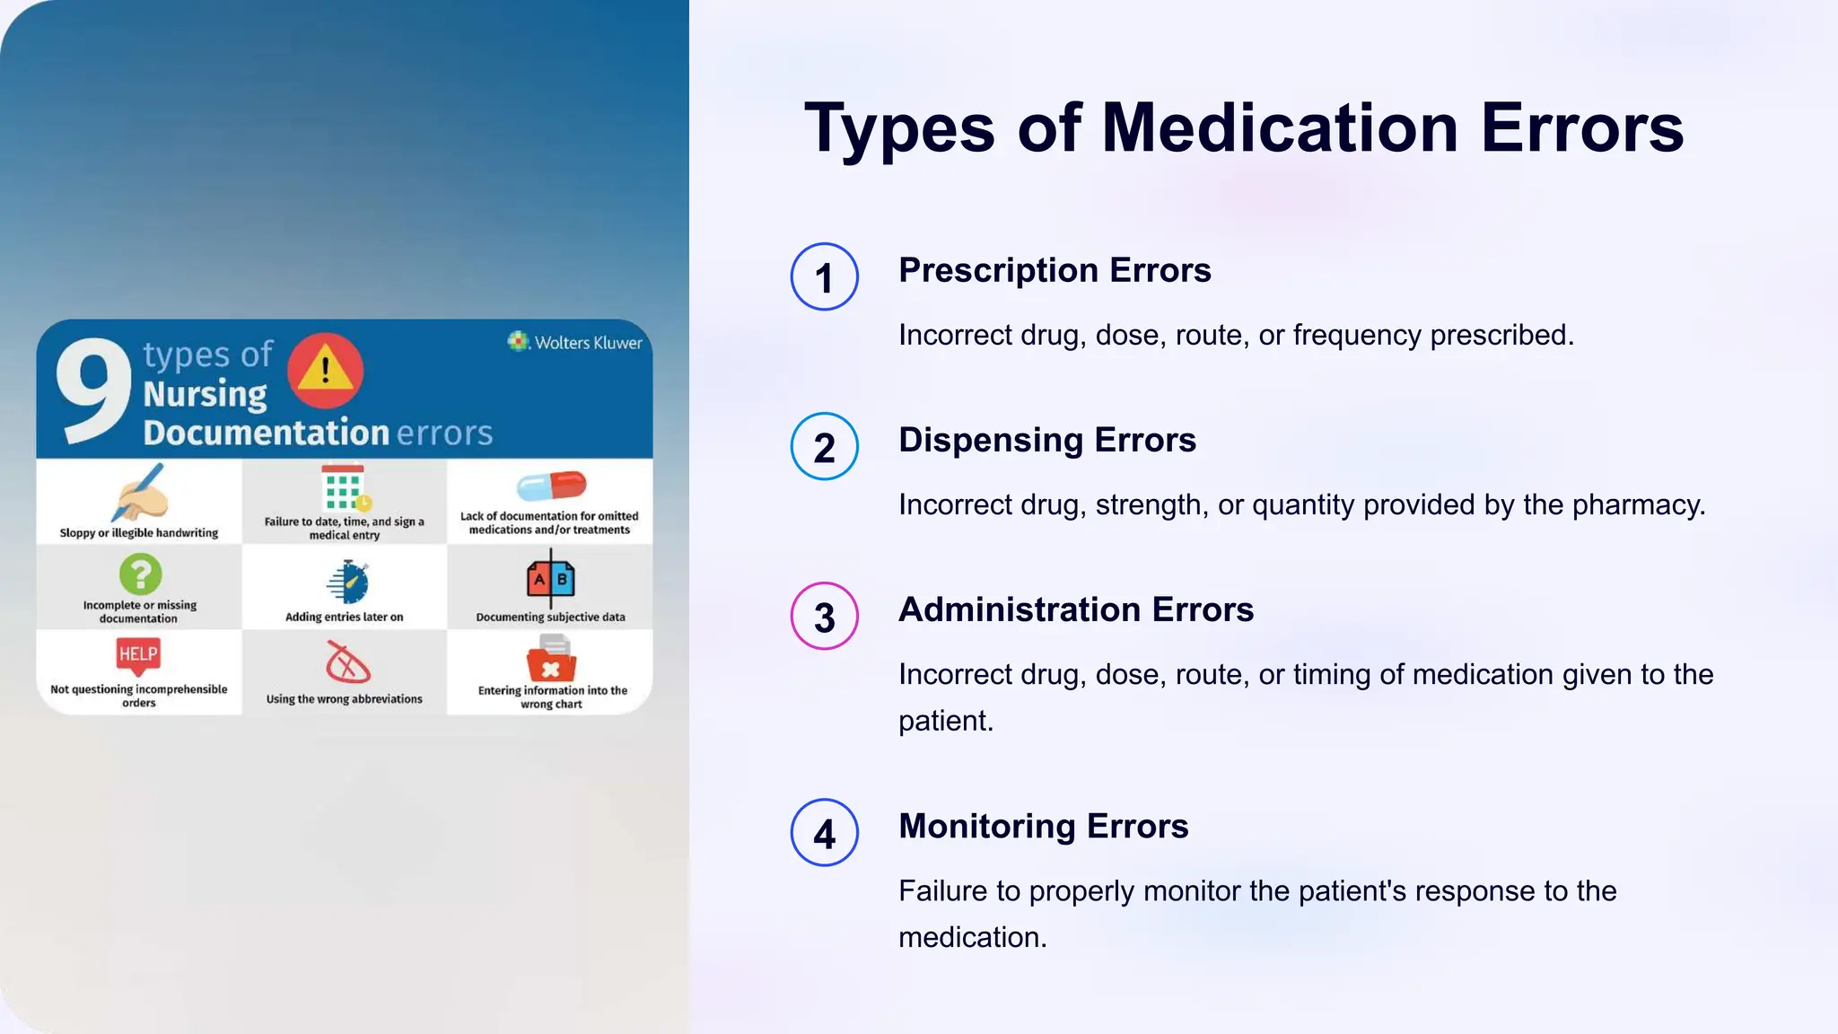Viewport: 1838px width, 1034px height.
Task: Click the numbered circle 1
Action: [x=824, y=277]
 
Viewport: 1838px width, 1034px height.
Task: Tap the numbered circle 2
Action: [x=824, y=447]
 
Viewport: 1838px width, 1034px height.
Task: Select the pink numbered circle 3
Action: [x=824, y=617]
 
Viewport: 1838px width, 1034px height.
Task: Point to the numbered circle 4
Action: [x=824, y=833]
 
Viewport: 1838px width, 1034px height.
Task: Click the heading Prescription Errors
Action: [x=1055, y=270]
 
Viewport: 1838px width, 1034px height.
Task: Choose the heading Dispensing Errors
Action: [x=1047, y=440]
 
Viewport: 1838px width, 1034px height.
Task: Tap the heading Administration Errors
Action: [x=1076, y=609]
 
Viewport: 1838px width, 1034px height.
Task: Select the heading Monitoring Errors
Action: [x=1044, y=826]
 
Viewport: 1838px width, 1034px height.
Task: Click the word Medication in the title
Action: [x=1279, y=128]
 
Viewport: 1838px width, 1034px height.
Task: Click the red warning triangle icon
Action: [x=325, y=370]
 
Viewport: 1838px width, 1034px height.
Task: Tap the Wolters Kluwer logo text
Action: [x=588, y=343]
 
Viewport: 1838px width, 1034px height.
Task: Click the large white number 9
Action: [x=92, y=390]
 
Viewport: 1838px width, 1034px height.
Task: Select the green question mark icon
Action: [x=140, y=574]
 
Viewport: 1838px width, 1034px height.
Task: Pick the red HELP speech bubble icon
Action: [x=138, y=655]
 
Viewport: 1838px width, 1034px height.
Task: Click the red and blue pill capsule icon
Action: [x=551, y=486]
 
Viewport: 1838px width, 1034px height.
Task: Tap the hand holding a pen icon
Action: [x=140, y=493]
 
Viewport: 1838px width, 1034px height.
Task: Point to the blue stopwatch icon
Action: [x=348, y=582]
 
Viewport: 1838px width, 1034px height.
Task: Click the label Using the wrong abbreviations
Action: [x=344, y=699]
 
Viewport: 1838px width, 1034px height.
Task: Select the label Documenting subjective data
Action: [x=550, y=618]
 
